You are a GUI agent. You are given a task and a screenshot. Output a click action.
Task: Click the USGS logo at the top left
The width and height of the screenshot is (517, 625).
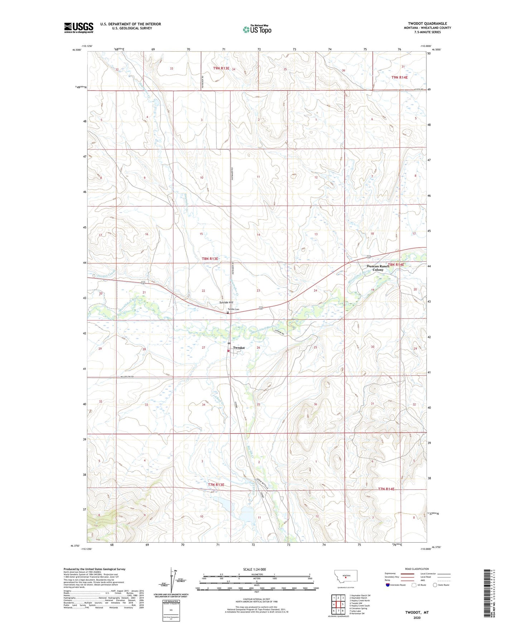pyautogui.click(x=79, y=28)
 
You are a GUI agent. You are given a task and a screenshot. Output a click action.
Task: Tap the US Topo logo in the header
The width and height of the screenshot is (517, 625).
pyautogui.click(x=257, y=29)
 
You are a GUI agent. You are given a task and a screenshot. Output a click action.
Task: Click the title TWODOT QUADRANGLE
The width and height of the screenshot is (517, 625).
pyautogui.click(x=427, y=23)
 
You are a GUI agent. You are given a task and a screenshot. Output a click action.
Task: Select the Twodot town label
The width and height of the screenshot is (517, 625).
pyautogui.click(x=239, y=348)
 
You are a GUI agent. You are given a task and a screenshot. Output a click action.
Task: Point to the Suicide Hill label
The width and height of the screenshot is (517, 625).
pyautogui.click(x=226, y=302)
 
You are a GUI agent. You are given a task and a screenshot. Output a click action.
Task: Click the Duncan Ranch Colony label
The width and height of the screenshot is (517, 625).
pyautogui.click(x=378, y=268)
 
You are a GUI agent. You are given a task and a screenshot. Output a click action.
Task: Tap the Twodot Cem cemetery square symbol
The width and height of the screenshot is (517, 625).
pyautogui.click(x=228, y=312)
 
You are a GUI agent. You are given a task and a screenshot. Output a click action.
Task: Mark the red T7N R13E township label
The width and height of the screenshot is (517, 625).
pyautogui.click(x=216, y=485)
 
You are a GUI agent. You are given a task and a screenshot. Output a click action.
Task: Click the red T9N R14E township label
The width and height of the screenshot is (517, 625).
pyautogui.click(x=399, y=77)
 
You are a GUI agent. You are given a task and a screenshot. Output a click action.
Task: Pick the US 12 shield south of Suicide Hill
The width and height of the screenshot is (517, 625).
pyautogui.click(x=260, y=308)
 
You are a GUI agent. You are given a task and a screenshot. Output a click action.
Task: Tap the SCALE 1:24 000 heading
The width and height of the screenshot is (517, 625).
pyautogui.click(x=254, y=569)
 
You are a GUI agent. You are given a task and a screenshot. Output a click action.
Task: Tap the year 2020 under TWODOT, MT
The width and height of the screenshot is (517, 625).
pyautogui.click(x=417, y=617)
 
